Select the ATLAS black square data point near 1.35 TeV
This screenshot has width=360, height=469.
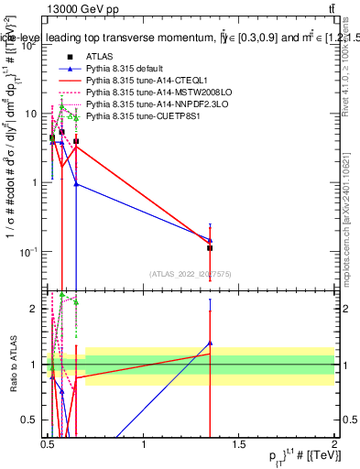(210, 248)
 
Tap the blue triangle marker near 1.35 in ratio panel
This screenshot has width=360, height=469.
(210, 344)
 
